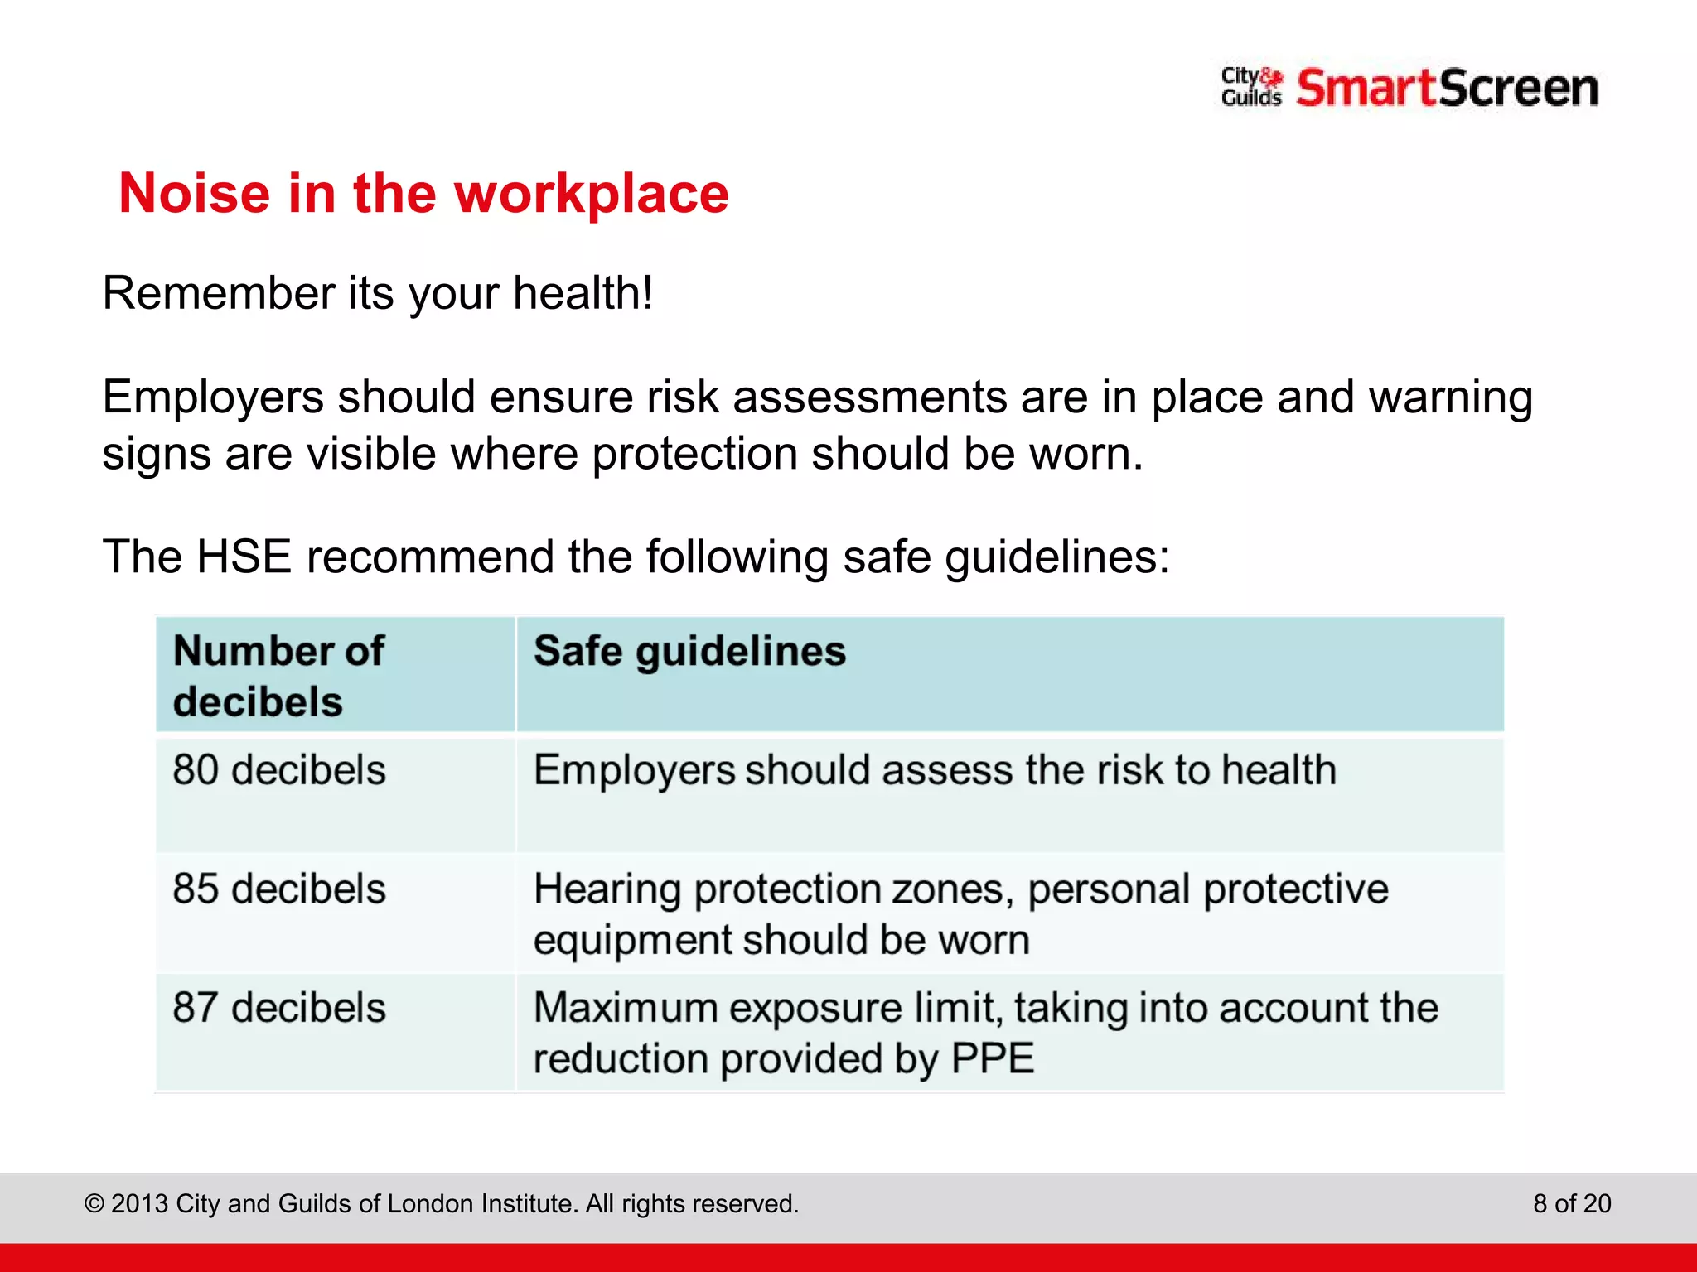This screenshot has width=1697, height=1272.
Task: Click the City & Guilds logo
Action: [1251, 88]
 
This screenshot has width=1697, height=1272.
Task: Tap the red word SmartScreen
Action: [1447, 88]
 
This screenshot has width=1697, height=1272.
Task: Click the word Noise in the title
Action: [195, 194]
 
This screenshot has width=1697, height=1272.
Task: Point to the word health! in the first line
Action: [583, 293]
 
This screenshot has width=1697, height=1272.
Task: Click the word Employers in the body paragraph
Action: [213, 397]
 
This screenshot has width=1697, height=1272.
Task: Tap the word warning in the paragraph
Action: [1450, 397]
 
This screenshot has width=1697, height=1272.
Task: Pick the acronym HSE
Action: [244, 556]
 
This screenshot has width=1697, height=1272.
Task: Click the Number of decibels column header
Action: [278, 676]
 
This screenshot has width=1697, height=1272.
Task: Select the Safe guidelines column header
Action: [689, 651]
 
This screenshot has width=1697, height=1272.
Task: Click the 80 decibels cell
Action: [279, 770]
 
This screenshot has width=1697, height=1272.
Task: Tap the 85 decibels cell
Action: [279, 889]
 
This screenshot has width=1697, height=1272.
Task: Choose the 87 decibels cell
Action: [279, 1009]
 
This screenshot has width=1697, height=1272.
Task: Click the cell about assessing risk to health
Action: [935, 770]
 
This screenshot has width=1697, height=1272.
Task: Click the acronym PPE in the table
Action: [993, 1059]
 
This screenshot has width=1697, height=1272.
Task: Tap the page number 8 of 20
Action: [1572, 1203]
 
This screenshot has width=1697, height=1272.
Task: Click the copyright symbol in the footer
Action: [94, 1204]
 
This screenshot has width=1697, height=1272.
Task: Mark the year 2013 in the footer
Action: [140, 1203]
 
